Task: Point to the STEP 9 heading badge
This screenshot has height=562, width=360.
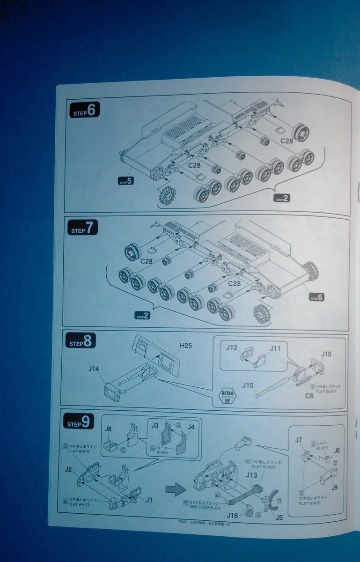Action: (79, 422)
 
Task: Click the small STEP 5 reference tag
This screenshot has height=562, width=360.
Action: (126, 181)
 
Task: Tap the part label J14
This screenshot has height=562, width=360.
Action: (94, 369)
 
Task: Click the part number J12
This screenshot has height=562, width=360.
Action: (232, 348)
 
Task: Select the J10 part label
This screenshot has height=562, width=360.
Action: (326, 354)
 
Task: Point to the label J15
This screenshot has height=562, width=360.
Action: (248, 385)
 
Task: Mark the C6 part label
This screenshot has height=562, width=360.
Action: (309, 396)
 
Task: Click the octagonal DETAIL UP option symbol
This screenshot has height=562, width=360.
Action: (228, 396)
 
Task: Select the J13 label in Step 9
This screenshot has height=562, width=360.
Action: (251, 475)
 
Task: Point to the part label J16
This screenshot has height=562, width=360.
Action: (233, 515)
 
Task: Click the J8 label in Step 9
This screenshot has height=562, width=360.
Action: (108, 429)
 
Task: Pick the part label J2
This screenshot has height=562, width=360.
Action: (68, 469)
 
